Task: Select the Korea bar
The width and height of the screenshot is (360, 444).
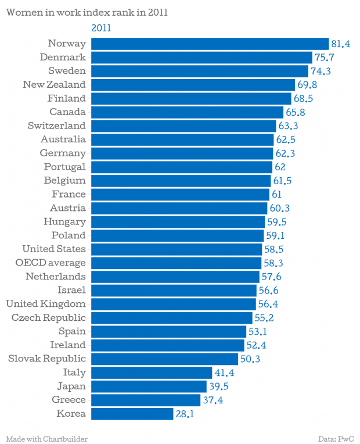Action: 132,414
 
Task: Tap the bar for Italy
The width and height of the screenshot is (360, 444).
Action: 152,373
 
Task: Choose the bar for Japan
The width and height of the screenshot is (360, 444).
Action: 149,386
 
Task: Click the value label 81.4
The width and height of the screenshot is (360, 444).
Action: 341,44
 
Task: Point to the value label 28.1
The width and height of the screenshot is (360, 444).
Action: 185,414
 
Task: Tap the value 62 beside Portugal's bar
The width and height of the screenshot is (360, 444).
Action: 279,167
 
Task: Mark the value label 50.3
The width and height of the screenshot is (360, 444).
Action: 250,359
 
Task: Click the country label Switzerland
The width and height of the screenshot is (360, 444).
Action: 56,126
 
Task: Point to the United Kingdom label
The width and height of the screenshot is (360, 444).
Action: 46,304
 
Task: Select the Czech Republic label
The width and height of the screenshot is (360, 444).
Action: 49,318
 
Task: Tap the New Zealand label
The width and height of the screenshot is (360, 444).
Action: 54,85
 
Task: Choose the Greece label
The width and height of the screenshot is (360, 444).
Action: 69,400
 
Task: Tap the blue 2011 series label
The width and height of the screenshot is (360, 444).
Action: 102,28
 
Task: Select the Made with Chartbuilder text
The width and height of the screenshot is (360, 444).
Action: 46,438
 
